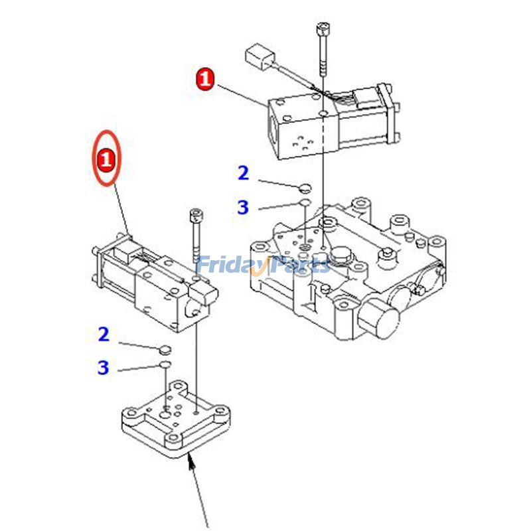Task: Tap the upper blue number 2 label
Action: point(243,173)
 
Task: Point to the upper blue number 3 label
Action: point(243,207)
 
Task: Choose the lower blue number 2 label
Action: point(103,335)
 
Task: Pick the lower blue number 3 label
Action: point(103,368)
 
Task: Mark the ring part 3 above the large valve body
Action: point(303,202)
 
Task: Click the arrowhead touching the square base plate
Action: point(192,461)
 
